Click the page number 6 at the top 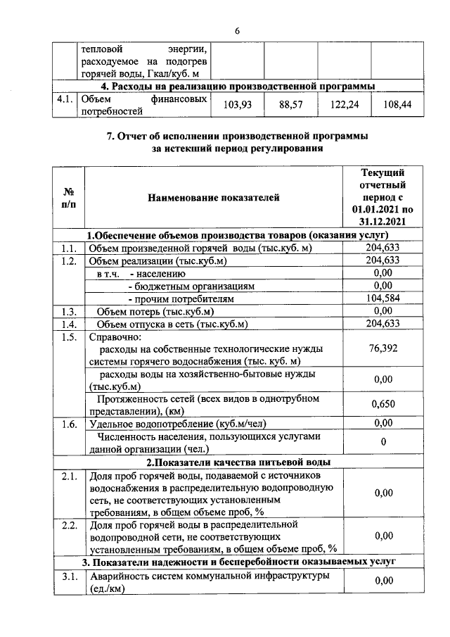(237, 31)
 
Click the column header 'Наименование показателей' (213, 198)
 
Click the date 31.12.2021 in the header (382, 221)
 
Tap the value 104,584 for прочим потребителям (382, 299)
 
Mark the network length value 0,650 (382, 404)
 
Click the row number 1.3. (68, 312)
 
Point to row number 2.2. (68, 525)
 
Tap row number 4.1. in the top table (66, 99)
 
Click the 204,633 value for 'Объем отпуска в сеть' (382, 324)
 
